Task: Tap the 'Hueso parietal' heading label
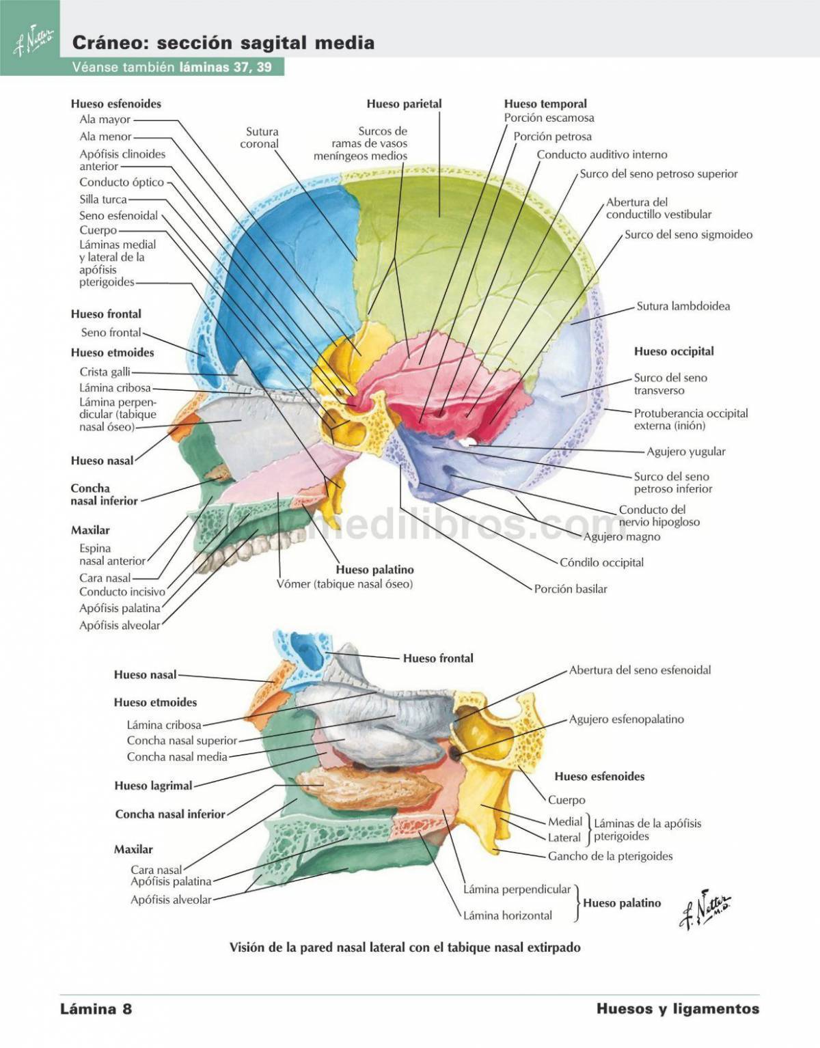(x=404, y=104)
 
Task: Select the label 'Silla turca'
(x=103, y=199)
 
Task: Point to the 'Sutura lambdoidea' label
(x=683, y=306)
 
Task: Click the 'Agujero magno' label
(x=622, y=537)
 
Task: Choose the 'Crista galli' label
(x=105, y=372)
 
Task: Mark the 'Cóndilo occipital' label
(x=601, y=562)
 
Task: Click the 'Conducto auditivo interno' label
(x=601, y=154)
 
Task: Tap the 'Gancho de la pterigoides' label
(x=610, y=856)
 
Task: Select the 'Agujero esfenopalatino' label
(x=626, y=719)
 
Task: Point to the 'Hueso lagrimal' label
(x=153, y=786)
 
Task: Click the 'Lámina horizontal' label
(x=507, y=915)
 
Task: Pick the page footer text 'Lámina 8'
(x=96, y=1009)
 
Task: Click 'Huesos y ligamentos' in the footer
(x=677, y=1009)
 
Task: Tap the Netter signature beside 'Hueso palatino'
(x=705, y=909)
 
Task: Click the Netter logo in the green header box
(x=31, y=42)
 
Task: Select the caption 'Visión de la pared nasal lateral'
(x=405, y=948)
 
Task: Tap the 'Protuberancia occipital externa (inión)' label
(x=690, y=419)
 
